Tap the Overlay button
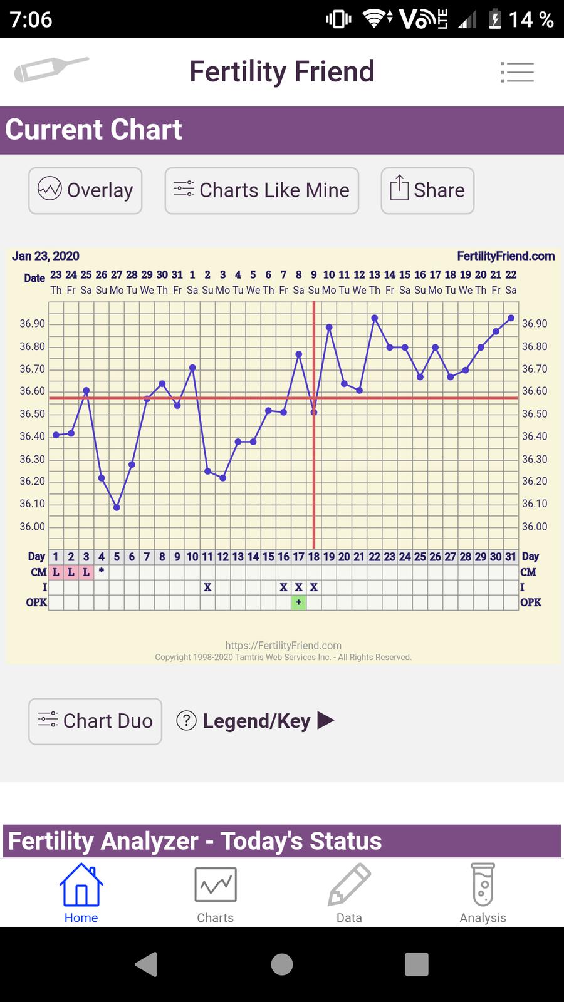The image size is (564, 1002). click(85, 190)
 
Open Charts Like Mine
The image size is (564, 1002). click(261, 190)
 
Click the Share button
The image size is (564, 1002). click(427, 190)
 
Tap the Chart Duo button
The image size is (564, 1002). click(95, 721)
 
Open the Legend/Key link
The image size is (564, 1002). click(256, 721)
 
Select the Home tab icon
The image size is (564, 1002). click(81, 885)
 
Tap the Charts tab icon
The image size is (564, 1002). click(215, 885)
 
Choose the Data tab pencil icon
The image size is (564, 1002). click(349, 885)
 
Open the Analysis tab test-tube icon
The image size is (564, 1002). click(483, 885)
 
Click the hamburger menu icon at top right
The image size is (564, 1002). click(517, 72)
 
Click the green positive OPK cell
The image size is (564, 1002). click(299, 602)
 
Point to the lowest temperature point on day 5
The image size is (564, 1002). click(117, 507)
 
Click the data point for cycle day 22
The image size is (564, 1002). click(375, 318)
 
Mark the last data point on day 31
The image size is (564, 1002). click(511, 318)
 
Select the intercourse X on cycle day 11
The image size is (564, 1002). click(207, 587)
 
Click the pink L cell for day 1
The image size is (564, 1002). click(56, 572)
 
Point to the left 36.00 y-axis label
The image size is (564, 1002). click(33, 527)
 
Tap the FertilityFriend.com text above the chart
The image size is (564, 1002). click(506, 256)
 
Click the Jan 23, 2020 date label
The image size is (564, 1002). click(46, 256)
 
